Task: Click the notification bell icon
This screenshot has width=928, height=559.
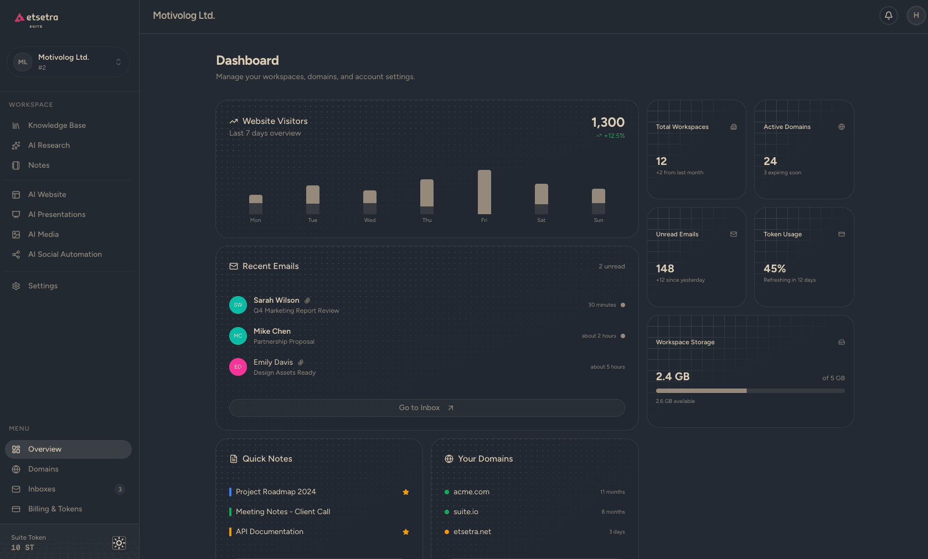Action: point(888,15)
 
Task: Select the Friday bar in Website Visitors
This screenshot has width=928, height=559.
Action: point(484,191)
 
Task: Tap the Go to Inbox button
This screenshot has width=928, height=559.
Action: point(426,408)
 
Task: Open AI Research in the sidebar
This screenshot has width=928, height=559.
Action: point(49,146)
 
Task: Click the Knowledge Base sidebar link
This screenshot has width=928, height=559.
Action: point(56,126)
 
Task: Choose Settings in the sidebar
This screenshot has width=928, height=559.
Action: point(43,286)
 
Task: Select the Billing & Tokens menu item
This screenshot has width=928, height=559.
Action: point(55,509)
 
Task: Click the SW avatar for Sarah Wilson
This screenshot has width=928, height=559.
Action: point(238,305)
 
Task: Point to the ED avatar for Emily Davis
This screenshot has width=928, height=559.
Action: point(238,367)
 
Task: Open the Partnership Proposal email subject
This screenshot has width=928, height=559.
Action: point(283,342)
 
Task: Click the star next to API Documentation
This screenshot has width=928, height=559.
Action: point(406,532)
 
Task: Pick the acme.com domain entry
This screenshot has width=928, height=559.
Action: point(471,492)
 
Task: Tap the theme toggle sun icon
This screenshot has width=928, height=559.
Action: point(119,543)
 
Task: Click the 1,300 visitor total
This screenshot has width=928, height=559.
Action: point(607,122)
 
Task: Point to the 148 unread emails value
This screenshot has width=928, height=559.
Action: point(664,269)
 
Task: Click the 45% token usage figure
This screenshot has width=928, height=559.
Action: point(774,269)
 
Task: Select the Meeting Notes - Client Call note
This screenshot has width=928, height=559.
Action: point(282,512)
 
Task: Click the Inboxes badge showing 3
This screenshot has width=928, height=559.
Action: point(120,489)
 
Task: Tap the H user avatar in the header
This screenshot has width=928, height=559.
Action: point(916,15)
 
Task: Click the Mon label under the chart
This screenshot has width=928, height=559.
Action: point(255,220)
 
